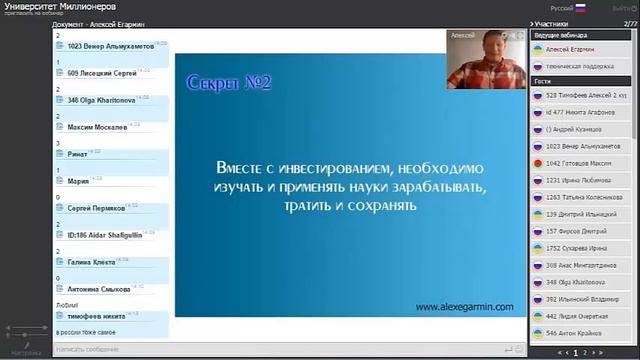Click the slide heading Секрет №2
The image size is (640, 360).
tap(229, 83)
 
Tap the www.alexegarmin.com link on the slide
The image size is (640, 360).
tap(463, 307)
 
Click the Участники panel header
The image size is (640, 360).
tap(552, 21)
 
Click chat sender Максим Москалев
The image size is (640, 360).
tap(97, 128)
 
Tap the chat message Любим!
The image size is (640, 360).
tap(67, 305)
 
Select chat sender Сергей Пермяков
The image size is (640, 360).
tap(96, 209)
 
